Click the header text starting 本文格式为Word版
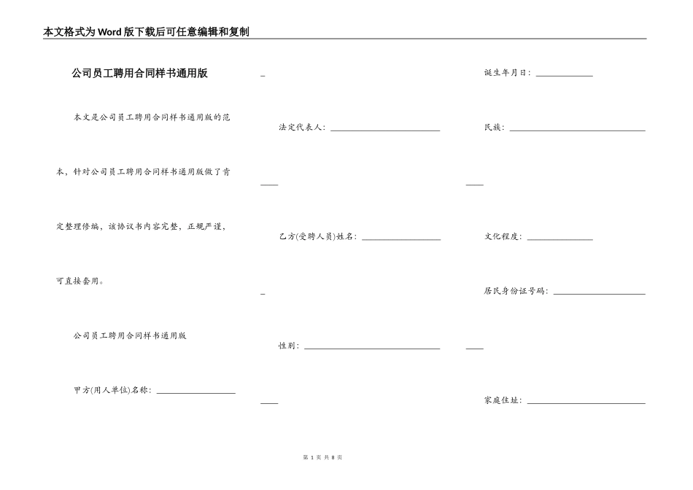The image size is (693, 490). (x=147, y=32)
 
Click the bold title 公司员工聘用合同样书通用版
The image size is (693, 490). (x=139, y=73)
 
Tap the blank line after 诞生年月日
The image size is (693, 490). (x=564, y=74)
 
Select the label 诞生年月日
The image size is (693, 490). (x=508, y=73)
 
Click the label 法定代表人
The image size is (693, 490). (x=302, y=128)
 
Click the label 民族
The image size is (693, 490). (x=494, y=128)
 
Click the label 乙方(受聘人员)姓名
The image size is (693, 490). (x=317, y=236)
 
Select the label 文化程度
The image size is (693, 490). (x=503, y=236)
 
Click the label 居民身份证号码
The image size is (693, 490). (x=516, y=291)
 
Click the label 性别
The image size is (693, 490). (x=289, y=346)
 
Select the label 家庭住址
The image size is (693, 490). (x=503, y=400)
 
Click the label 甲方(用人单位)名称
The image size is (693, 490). (x=112, y=390)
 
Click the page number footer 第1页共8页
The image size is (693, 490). (x=322, y=457)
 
